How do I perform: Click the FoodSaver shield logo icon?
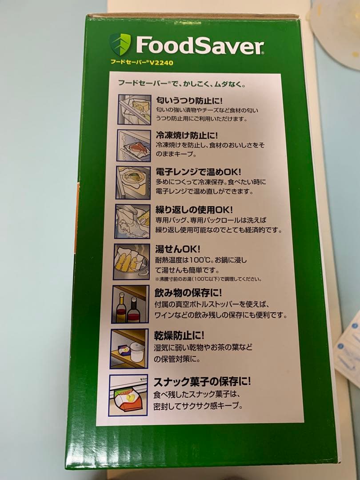120,44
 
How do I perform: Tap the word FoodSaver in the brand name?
200,46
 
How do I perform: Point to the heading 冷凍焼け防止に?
187,135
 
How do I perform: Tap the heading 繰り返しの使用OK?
194,209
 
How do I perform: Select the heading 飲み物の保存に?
188,293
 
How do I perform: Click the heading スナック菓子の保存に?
202,381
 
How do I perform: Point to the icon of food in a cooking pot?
131,261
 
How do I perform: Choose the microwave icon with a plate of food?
132,183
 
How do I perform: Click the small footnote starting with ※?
208,279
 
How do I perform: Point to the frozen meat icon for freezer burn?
133,145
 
